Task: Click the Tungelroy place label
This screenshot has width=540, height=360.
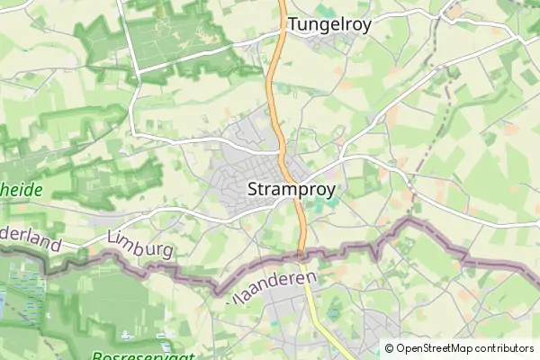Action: coord(329,25)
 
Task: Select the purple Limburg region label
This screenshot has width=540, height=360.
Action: coord(139,247)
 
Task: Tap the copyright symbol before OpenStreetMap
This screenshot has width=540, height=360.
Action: coord(389,348)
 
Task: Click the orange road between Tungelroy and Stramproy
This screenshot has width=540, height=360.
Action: coord(274,99)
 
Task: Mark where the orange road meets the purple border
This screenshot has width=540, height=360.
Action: coord(302,256)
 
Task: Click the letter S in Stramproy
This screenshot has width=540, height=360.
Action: coord(253,190)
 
